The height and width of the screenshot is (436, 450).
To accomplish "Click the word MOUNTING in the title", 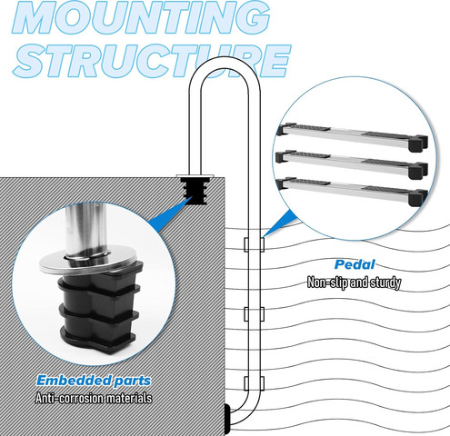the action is click(141, 16).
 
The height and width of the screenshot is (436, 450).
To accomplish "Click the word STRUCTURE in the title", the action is click(152, 62).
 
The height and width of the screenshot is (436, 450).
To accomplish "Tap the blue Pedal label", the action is click(355, 264).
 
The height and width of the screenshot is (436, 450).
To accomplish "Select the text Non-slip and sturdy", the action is click(354, 282).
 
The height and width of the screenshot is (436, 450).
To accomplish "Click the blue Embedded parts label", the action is click(94, 381).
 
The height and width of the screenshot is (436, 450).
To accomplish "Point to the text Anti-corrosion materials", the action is click(94, 398).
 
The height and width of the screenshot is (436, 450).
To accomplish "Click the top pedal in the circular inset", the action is click(352, 136).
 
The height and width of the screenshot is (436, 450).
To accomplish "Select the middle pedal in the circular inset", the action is click(352, 163).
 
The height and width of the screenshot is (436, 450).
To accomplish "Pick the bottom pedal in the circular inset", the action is click(352, 191).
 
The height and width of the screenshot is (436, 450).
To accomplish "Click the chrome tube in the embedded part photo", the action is click(85, 230).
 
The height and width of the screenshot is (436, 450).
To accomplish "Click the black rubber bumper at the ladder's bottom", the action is click(227, 420).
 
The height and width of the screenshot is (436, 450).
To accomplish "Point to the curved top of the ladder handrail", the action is click(225, 63).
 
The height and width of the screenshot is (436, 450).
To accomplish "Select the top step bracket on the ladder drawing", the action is click(254, 244).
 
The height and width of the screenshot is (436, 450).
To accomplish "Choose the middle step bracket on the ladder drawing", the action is click(254, 314).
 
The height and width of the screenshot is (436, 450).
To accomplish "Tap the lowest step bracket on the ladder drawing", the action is click(254, 383).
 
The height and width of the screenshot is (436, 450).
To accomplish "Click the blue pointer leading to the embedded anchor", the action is click(170, 212).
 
